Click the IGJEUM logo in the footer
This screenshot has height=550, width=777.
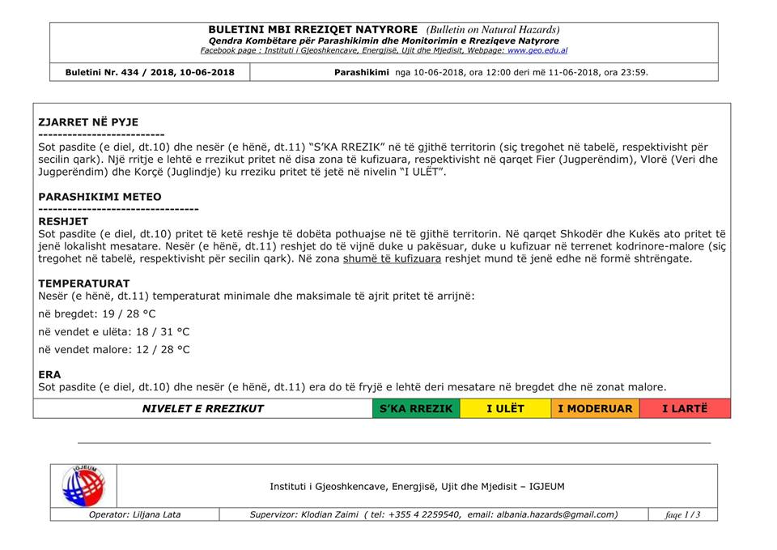pos(83,485)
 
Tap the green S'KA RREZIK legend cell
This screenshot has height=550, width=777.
pos(416,408)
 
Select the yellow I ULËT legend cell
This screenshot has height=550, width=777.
pos(505,408)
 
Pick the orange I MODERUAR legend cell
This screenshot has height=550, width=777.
pos(595,408)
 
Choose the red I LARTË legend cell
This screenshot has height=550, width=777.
pos(685,408)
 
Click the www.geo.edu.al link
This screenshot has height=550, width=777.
pos(537,50)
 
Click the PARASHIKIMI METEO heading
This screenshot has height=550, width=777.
pos(100,196)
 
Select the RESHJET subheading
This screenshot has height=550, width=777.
pos(64,220)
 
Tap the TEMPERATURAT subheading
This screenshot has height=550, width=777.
pos(84,284)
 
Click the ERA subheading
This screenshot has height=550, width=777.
pos(49,374)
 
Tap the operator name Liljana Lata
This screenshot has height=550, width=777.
pos(157,514)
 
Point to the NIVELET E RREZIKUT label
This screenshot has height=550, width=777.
pos(203,408)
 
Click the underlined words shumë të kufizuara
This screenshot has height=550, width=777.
pos(392,258)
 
